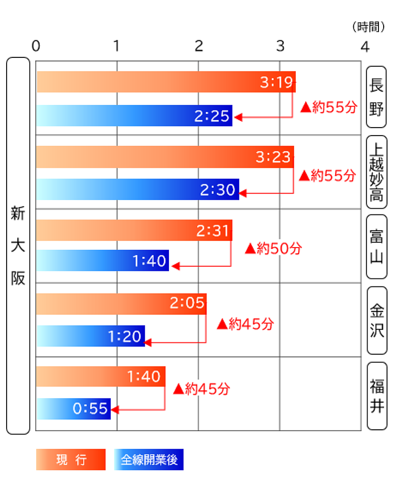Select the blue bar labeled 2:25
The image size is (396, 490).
[x=134, y=116]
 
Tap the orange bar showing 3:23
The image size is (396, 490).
[x=165, y=157]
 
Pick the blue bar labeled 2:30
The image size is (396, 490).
[x=138, y=190]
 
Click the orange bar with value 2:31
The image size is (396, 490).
[x=134, y=231]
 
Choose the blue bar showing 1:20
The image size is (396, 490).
[x=90, y=336]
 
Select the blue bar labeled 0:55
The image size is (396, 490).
[x=74, y=409]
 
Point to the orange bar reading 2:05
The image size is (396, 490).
[x=121, y=304]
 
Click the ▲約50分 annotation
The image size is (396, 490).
[x=273, y=248]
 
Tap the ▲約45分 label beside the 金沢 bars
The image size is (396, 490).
[x=245, y=324]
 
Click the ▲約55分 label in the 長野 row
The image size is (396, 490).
[x=328, y=108]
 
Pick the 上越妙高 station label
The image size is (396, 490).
[x=377, y=172]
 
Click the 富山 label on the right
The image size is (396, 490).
[x=377, y=246]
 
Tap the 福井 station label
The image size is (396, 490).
[x=377, y=396]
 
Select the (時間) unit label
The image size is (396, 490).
[x=369, y=27]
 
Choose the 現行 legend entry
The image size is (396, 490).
[x=71, y=460]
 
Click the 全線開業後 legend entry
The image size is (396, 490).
[x=149, y=460]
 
